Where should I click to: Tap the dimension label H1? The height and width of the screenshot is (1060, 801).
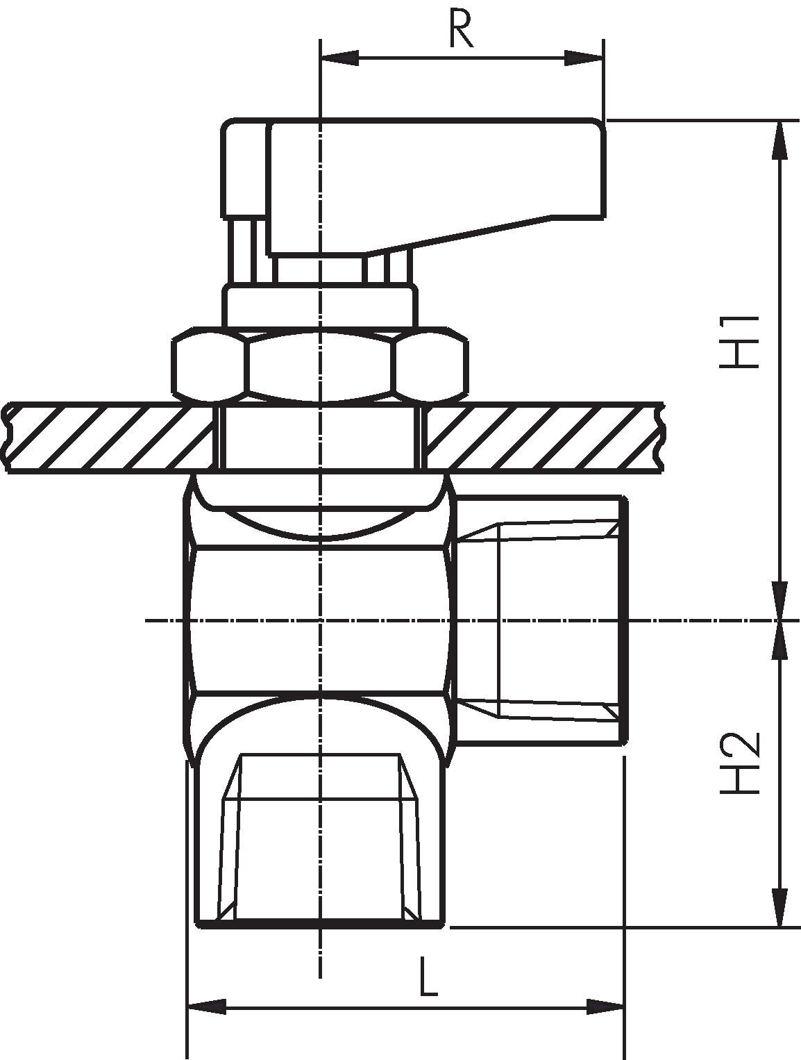[x=739, y=342]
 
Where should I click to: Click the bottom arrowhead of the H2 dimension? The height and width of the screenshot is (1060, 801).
[x=779, y=906]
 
